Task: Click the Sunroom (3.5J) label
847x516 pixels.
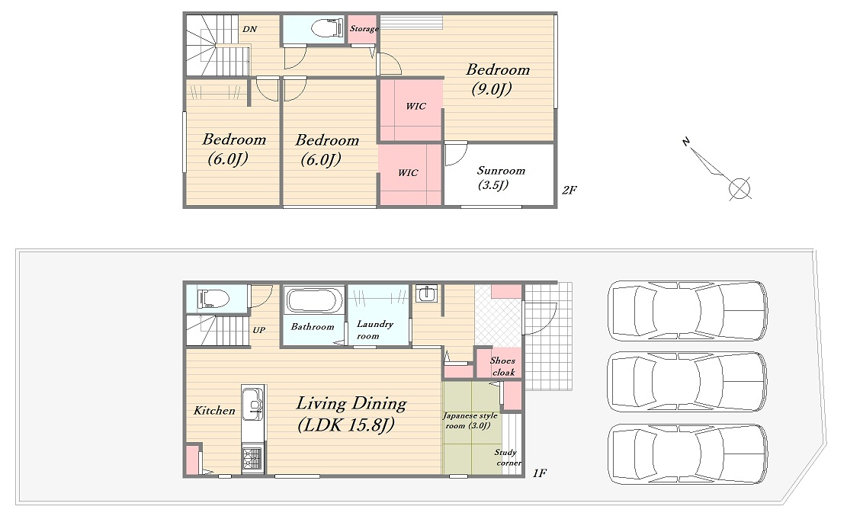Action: (500, 178)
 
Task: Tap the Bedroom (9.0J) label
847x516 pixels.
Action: (498, 79)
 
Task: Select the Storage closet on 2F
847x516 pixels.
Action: (363, 29)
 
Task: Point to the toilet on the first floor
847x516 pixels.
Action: (213, 298)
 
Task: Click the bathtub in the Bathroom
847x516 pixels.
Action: (314, 301)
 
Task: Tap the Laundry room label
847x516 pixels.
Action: (375, 329)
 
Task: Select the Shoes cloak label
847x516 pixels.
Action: (503, 367)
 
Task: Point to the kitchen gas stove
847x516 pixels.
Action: (252, 459)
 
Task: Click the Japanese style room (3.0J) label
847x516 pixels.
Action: (470, 421)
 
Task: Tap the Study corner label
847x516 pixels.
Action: (508, 457)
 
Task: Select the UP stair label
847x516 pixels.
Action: (259, 330)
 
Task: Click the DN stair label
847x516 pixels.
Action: (249, 29)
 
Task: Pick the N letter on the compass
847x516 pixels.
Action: (686, 142)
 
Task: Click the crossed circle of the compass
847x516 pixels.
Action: (740, 188)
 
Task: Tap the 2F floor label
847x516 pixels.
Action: (569, 190)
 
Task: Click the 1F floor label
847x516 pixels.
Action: (540, 473)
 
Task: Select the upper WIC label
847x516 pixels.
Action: (416, 107)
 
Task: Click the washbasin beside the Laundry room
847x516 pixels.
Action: (427, 293)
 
